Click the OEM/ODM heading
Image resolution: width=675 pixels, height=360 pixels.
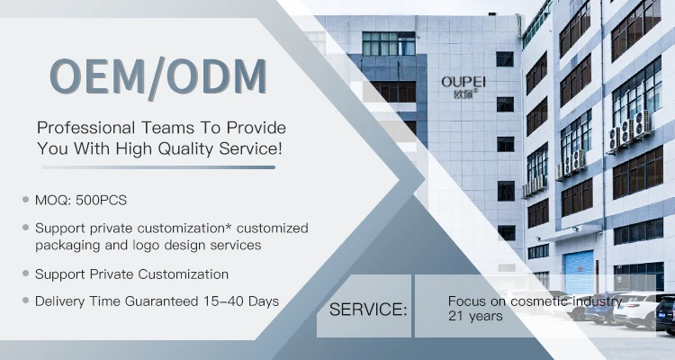(158, 77)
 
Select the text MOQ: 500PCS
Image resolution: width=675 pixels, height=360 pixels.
(81, 200)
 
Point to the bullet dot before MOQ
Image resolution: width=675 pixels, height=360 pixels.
(26, 200)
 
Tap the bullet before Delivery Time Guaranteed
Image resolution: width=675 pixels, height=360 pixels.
(26, 300)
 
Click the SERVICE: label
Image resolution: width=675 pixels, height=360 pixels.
(368, 310)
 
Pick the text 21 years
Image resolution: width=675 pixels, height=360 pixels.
(475, 316)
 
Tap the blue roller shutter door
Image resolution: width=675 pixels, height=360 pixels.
(579, 272)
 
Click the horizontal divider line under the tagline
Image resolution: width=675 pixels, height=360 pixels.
(158, 167)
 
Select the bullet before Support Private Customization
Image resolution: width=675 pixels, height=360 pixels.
(26, 273)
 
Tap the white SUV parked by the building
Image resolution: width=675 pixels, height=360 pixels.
(637, 310)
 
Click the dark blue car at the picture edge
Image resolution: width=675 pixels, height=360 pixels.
(665, 315)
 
